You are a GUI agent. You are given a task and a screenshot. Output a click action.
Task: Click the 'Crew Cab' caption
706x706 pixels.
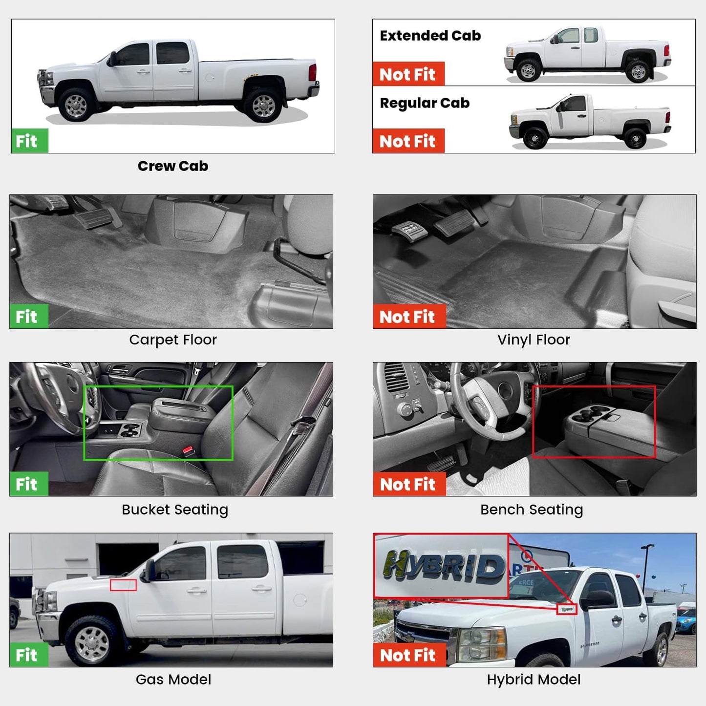click(173, 166)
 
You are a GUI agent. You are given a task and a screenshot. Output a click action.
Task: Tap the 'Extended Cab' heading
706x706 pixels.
click(430, 36)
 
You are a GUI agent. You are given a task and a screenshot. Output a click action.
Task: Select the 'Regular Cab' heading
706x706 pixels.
click(425, 103)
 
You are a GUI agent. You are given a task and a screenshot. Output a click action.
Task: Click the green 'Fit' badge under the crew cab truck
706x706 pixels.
click(30, 141)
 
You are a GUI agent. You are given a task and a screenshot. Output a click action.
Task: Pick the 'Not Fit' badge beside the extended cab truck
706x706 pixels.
click(408, 74)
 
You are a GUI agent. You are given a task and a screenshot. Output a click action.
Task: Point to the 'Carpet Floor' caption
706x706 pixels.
click(173, 340)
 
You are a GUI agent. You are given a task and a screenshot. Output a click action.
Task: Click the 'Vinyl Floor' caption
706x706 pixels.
click(534, 340)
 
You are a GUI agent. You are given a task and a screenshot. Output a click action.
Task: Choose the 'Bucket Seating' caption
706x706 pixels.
click(175, 510)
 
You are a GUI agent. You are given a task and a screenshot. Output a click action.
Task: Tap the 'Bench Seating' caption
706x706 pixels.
click(532, 510)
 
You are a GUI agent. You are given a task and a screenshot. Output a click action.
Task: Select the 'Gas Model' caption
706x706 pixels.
click(173, 680)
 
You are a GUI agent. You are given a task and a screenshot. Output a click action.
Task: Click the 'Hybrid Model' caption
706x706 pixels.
click(534, 680)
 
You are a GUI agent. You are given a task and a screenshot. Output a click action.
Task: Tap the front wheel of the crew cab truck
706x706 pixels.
click(76, 106)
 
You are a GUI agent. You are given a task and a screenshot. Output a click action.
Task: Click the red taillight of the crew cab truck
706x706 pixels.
click(313, 72)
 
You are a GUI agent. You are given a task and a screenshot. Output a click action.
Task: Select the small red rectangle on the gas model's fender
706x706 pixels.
click(123, 585)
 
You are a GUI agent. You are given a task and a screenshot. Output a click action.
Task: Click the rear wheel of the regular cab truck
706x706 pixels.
click(635, 139)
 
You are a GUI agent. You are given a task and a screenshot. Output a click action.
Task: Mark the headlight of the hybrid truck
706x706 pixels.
click(483, 644)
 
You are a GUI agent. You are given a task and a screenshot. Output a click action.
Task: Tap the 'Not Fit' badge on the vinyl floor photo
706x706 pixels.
click(409, 316)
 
